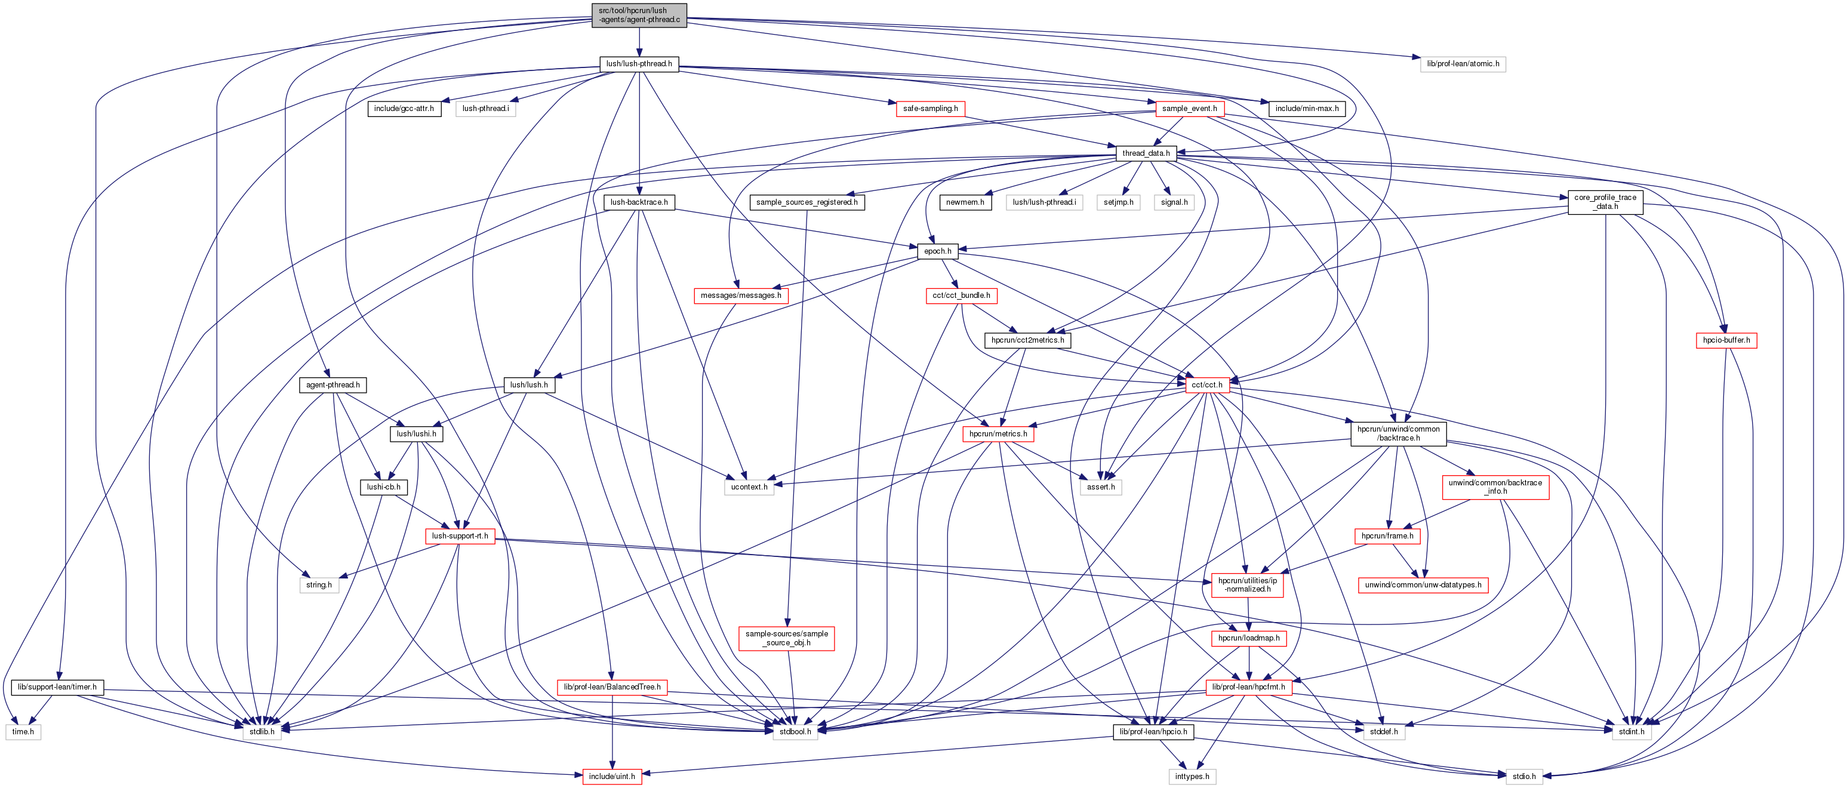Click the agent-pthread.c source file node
[639, 15]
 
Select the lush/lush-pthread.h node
[639, 64]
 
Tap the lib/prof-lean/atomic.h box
[1462, 64]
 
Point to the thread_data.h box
[1146, 153]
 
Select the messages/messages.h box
[741, 295]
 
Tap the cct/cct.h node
[1206, 385]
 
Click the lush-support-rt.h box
[460, 536]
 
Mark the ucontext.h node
[749, 488]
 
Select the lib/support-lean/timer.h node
[57, 688]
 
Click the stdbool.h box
[795, 732]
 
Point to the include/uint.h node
[612, 777]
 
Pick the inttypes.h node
[1192, 777]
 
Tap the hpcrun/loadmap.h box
[1248, 638]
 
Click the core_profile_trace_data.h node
[1605, 202]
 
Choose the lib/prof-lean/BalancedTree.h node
[612, 688]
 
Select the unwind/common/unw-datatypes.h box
[1423, 585]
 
